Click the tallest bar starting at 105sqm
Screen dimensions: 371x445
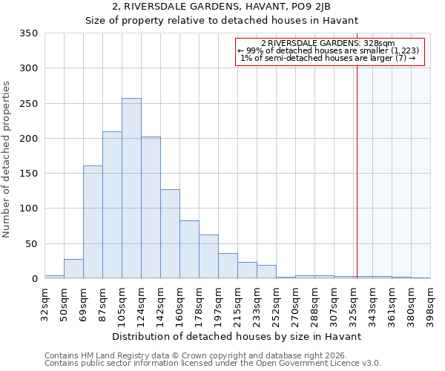[131, 188]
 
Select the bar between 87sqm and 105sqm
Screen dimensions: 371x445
[112, 206]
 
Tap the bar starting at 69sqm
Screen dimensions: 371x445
[93, 223]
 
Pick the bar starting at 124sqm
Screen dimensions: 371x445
[151, 208]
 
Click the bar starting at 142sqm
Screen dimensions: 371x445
[170, 234]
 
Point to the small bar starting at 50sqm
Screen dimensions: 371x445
[73, 269]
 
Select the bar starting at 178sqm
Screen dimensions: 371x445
[208, 257]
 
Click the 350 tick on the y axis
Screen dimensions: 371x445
[28, 33]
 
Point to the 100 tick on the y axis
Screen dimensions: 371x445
[28, 209]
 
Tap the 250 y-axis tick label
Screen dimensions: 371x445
[28, 104]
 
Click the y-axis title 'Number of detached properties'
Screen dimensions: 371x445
[7, 160]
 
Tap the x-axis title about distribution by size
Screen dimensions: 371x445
[237, 336]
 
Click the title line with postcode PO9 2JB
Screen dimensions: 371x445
[222, 7]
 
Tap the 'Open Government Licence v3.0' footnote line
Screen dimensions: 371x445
[212, 363]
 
